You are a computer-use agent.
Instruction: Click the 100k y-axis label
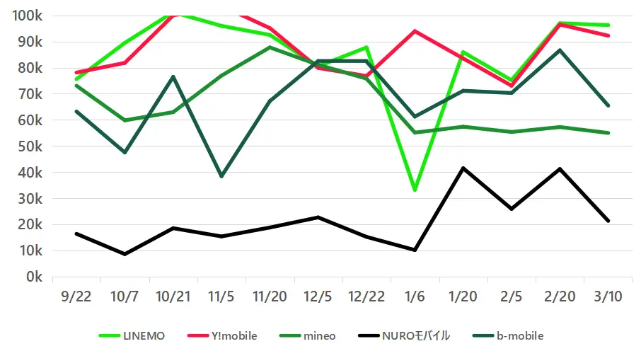(x=26, y=16)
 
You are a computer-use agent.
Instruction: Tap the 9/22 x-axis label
(x=76, y=297)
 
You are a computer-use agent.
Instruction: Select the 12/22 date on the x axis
(x=366, y=297)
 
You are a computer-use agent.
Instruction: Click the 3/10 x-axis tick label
(x=607, y=297)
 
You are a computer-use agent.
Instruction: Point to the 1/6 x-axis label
(x=414, y=297)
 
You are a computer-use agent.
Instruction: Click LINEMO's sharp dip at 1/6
(x=414, y=190)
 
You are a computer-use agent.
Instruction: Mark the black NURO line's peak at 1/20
(x=463, y=168)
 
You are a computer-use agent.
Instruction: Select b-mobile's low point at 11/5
(x=221, y=176)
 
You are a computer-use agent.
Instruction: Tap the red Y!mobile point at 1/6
(x=414, y=31)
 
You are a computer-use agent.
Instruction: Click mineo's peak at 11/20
(x=270, y=47)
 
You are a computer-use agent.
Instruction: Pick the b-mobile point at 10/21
(x=173, y=76)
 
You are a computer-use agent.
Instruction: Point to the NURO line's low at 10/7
(x=125, y=254)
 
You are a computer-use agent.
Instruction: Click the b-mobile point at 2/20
(x=559, y=50)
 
